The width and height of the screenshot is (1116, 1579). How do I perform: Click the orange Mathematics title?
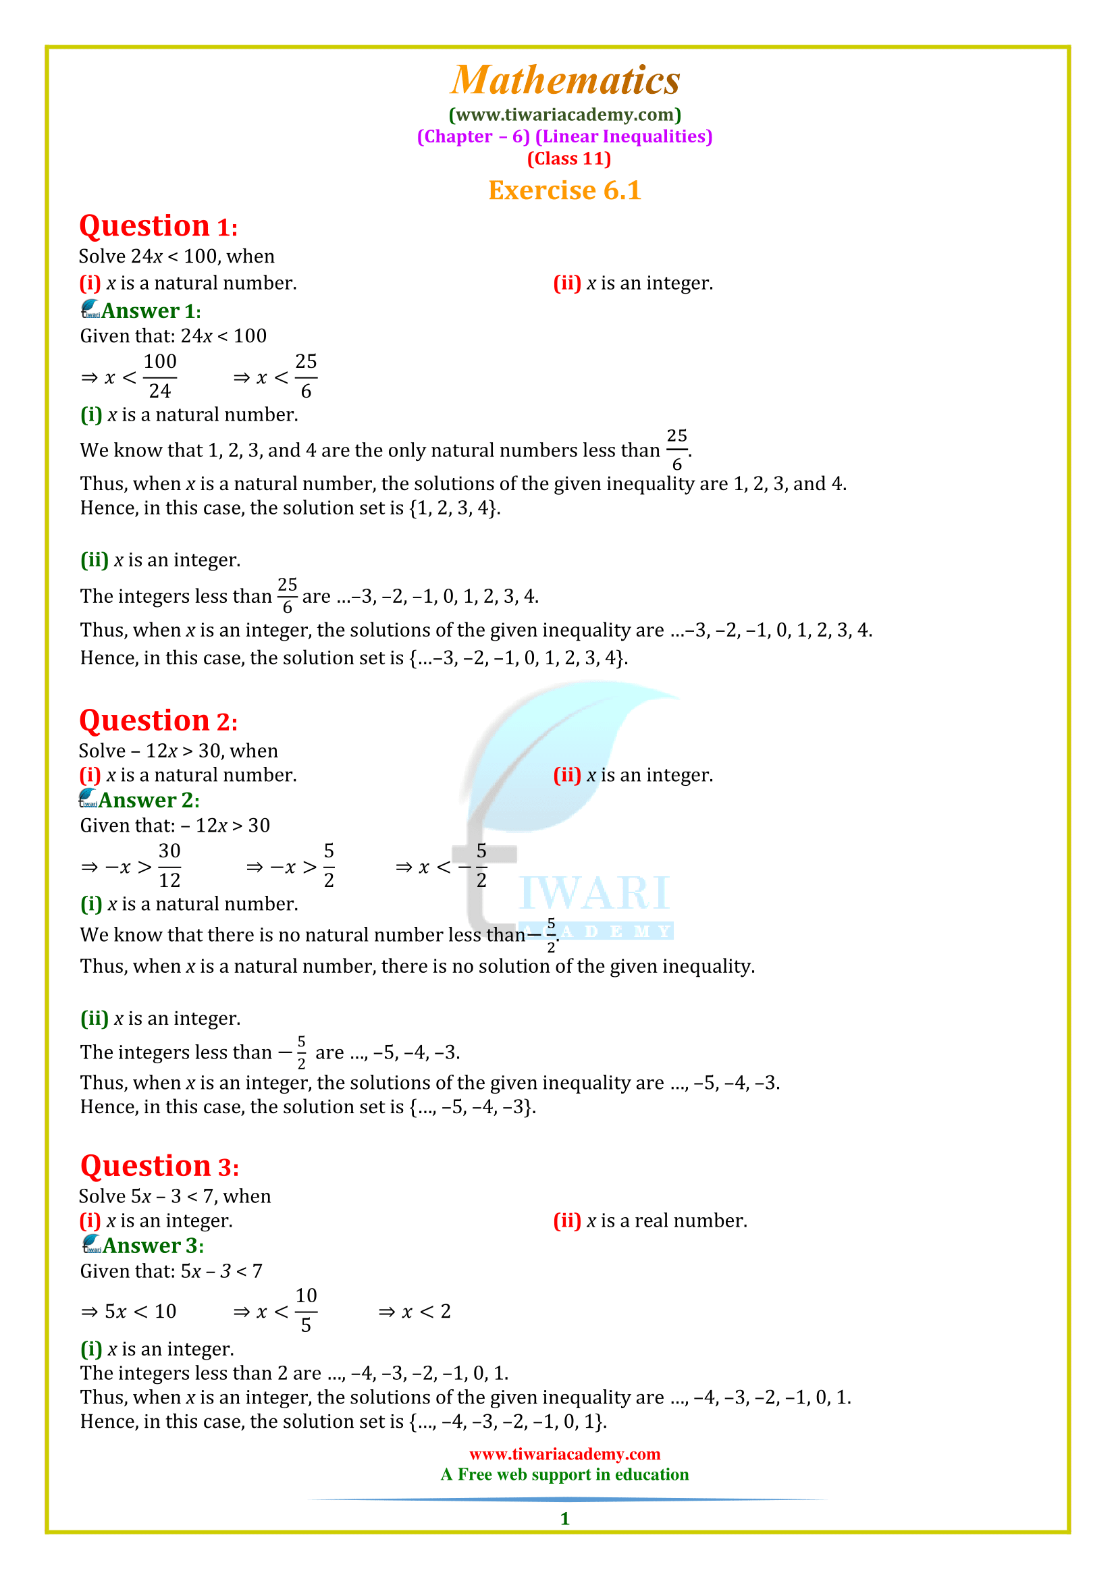click(x=564, y=80)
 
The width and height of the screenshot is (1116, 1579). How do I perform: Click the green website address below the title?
click(x=564, y=114)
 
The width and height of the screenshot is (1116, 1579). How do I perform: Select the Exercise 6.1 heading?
click(x=564, y=190)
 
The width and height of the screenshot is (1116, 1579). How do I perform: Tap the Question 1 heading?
click(x=158, y=226)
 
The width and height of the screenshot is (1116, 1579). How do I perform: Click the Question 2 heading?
click(x=158, y=721)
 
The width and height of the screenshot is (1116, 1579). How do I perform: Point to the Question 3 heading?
click(x=159, y=1167)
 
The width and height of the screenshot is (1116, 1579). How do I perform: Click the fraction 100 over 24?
click(x=160, y=376)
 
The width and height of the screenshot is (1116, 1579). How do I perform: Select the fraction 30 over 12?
click(x=169, y=865)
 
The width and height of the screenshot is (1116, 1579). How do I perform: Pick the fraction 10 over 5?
click(x=306, y=1311)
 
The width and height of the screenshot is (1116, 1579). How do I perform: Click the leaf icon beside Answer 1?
click(x=90, y=309)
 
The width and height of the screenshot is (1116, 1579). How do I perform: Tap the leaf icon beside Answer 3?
click(x=91, y=1244)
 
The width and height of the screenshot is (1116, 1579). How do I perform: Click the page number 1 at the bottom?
click(x=564, y=1518)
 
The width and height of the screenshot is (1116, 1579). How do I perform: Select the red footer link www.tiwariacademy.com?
click(x=564, y=1454)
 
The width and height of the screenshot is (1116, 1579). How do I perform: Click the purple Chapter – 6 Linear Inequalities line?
click(x=564, y=136)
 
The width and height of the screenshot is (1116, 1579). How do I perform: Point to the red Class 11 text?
click(x=568, y=158)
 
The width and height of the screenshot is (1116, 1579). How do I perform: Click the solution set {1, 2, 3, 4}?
click(x=453, y=508)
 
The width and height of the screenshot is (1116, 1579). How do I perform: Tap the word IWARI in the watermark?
click(x=595, y=892)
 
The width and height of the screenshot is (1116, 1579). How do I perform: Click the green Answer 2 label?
click(x=149, y=800)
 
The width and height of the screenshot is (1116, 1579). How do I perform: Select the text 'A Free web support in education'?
click(x=564, y=1474)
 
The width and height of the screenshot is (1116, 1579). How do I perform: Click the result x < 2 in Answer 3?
click(x=426, y=1312)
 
